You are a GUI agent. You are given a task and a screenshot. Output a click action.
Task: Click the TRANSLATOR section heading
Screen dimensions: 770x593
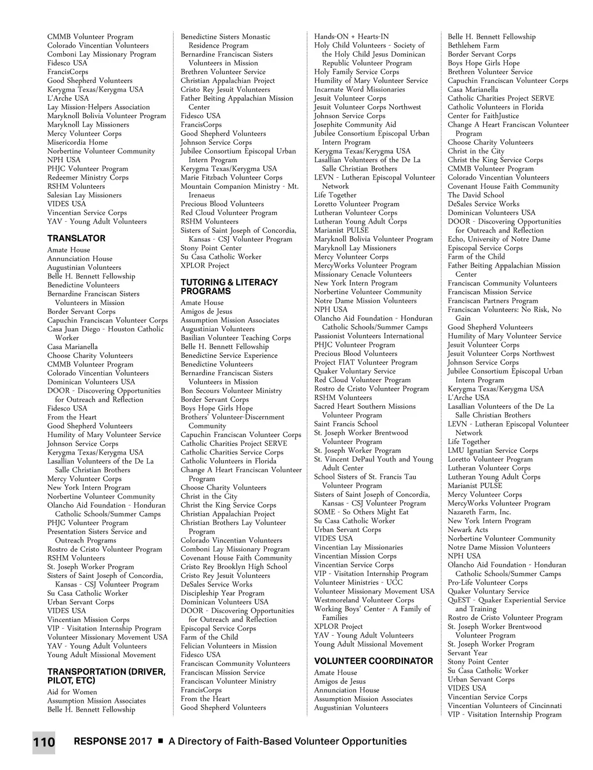coord(76,239)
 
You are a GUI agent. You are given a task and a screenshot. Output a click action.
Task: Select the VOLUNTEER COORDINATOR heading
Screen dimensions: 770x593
coord(374,661)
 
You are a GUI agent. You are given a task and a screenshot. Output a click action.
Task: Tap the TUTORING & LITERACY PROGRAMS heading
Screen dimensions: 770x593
coord(229,287)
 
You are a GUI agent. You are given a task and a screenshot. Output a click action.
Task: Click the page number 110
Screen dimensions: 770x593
coord(44,742)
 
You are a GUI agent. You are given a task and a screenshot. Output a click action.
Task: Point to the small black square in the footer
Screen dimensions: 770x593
coord(160,741)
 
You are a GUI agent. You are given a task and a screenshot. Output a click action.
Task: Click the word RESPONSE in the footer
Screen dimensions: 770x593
coord(100,742)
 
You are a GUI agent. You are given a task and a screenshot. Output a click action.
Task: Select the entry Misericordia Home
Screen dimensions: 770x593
coord(78,142)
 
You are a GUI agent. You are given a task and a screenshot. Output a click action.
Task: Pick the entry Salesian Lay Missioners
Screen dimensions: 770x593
coord(85,195)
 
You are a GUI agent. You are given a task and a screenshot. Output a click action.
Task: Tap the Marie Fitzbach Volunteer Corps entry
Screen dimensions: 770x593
coord(232,178)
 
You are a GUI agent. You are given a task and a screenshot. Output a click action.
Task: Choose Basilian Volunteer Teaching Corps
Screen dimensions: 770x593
coord(236,338)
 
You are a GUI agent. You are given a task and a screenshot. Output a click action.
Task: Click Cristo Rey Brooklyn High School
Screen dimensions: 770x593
coord(234,567)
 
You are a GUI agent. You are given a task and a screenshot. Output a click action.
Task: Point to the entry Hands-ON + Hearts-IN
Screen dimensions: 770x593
coord(352,36)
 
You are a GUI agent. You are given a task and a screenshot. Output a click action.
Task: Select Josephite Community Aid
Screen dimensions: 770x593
coord(355,124)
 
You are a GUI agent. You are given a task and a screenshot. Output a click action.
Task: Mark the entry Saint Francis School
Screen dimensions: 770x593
coord(346,424)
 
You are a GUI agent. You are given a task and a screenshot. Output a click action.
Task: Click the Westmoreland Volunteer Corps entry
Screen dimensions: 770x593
coord(364,600)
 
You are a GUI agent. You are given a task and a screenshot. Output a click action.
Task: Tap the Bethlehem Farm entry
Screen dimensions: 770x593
coord(473,46)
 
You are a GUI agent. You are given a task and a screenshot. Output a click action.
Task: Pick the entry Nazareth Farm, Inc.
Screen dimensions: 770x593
coord(479,512)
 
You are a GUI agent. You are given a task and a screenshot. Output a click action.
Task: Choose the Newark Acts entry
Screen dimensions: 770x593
coord(468,530)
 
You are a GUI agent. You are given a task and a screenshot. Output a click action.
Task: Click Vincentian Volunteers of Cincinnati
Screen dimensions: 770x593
coord(504,706)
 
